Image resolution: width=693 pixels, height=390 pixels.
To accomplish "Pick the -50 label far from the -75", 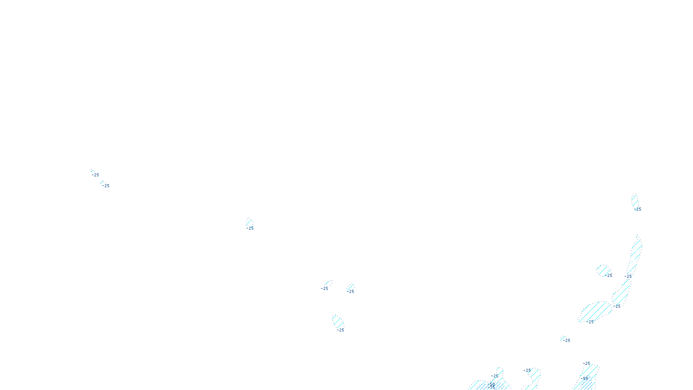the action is point(585,378).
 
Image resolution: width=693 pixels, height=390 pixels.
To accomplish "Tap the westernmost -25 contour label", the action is point(95,175).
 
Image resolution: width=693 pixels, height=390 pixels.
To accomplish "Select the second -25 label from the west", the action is point(106,186).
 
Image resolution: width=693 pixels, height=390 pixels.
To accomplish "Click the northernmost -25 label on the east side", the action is point(638,209).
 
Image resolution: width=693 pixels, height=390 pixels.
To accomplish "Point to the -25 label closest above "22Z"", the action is point(340,330).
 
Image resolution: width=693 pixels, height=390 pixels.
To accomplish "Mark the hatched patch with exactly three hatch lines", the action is point(338,322).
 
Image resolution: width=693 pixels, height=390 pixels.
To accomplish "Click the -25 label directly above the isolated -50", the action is point(586,364).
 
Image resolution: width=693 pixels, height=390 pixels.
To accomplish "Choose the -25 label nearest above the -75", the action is point(495,376).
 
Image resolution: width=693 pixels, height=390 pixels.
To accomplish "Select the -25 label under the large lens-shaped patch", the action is point(590,322).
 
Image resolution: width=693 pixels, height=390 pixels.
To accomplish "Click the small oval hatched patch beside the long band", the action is point(603,270).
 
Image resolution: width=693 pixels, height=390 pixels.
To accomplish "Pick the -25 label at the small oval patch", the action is point(609,276).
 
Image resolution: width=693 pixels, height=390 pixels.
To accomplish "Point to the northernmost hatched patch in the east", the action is point(635,200).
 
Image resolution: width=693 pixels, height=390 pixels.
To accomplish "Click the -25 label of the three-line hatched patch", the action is point(340,330).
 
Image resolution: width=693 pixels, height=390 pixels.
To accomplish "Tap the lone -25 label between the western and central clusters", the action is point(250,228).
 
